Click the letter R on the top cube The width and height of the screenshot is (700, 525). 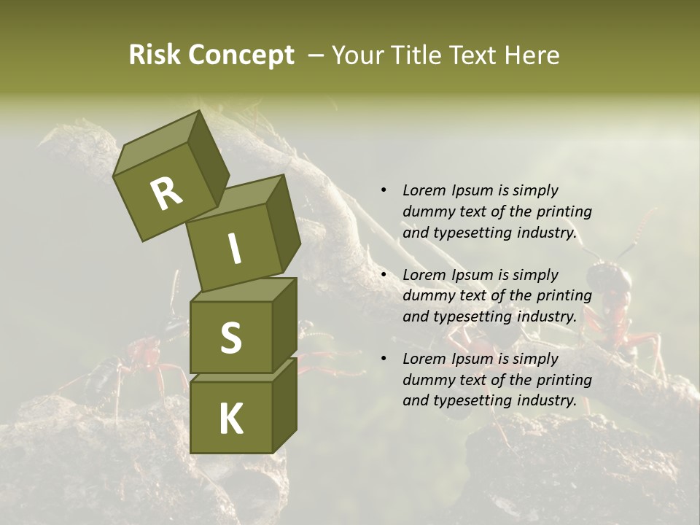(x=166, y=194)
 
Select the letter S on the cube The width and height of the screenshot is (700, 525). (x=230, y=338)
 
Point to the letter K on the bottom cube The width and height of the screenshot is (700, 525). (x=230, y=419)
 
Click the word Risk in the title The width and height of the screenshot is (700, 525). (x=154, y=55)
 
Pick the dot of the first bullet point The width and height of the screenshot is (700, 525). (x=384, y=190)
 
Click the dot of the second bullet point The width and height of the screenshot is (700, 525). (x=384, y=275)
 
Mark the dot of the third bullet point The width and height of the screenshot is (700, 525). (x=384, y=359)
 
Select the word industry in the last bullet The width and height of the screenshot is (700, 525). (x=547, y=400)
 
